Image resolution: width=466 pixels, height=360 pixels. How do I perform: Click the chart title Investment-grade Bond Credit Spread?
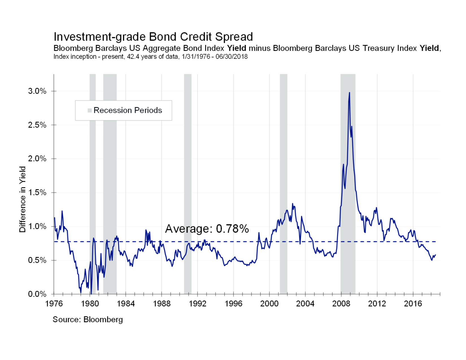click(x=153, y=37)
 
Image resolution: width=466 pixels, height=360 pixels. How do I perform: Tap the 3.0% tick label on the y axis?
click(x=37, y=91)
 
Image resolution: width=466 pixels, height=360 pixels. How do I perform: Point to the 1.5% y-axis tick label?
click(x=37, y=193)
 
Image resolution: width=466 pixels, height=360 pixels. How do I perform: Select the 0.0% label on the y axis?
click(x=37, y=294)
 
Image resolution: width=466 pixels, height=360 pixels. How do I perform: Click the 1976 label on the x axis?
click(x=54, y=304)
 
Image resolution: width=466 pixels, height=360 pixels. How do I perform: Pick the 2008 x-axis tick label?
click(x=341, y=304)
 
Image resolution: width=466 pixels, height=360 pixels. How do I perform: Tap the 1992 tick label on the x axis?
click(x=197, y=304)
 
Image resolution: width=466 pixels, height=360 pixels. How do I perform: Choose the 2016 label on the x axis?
click(x=413, y=304)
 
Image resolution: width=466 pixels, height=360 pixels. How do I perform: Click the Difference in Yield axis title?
click(x=22, y=199)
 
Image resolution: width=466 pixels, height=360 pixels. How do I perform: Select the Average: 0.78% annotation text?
click(x=207, y=229)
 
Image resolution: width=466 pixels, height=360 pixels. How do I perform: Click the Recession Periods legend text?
click(x=128, y=110)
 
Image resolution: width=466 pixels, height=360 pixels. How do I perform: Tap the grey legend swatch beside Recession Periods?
click(x=90, y=110)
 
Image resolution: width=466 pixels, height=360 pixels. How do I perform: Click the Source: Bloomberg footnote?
click(x=88, y=320)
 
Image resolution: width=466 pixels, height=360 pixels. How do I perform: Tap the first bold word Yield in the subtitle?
click(x=236, y=48)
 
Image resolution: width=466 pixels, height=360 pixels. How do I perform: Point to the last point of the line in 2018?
click(x=435, y=255)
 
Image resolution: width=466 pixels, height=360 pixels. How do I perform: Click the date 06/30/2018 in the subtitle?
click(x=231, y=57)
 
